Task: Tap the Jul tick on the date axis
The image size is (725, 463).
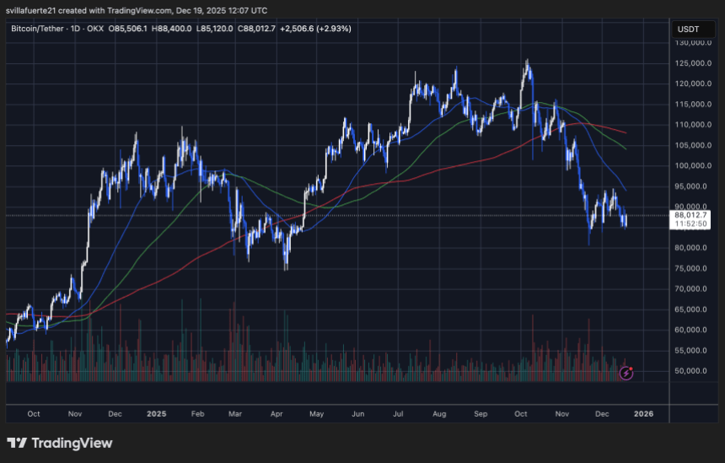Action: pyautogui.click(x=400, y=414)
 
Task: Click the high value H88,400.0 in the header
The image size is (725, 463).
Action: pyautogui.click(x=188, y=28)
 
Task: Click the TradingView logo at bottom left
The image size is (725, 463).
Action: pyautogui.click(x=59, y=443)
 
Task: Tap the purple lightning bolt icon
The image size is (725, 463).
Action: pyautogui.click(x=626, y=372)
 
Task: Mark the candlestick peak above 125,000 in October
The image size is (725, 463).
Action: pyautogui.click(x=527, y=61)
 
